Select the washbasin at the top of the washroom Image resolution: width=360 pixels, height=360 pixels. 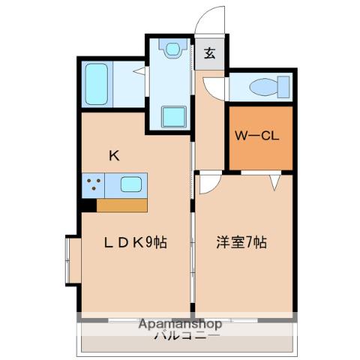pos(173,49)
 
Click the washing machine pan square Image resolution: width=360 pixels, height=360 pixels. pos(175,117)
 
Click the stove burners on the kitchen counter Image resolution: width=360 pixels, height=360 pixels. pos(94,184)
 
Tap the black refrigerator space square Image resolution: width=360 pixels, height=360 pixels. pos(89,203)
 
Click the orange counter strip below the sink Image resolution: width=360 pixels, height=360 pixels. pos(122,204)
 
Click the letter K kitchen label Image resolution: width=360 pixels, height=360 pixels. pos(114,156)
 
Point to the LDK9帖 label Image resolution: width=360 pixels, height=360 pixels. pos(136,242)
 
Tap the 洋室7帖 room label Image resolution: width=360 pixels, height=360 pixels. pos(242,242)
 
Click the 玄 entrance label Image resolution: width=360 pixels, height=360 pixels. pos(210,53)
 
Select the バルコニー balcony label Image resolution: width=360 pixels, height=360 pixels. pos(179,336)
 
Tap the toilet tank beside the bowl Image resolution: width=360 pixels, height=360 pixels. pos(282,85)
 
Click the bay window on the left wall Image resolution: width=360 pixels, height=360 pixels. pos(73,260)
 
